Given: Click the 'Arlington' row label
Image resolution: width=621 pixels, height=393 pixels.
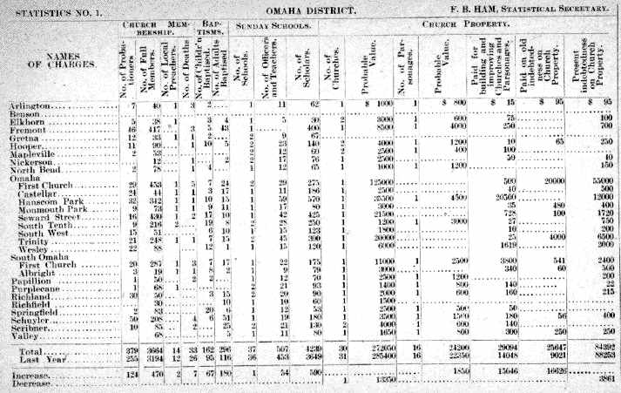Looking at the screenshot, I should click(x=29, y=105).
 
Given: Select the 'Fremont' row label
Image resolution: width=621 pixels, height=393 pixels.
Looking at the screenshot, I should click(x=27, y=129).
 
